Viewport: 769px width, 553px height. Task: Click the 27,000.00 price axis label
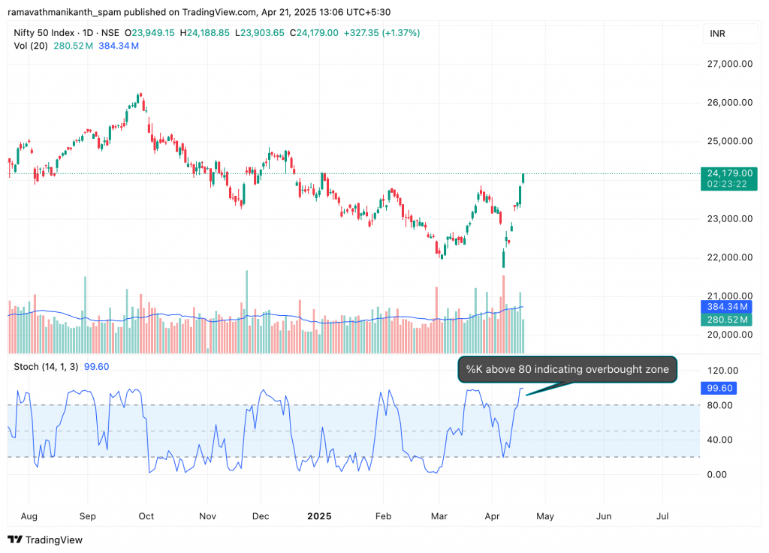pos(729,64)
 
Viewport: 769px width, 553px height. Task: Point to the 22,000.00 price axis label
pos(729,257)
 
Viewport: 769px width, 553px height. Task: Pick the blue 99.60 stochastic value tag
pos(720,388)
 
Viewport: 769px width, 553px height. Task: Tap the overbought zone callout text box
pos(567,369)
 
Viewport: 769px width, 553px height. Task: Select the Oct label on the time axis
pos(146,516)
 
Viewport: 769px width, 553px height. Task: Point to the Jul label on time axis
pos(663,516)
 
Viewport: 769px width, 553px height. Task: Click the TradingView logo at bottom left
pos(46,539)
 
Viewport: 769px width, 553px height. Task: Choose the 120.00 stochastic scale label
pos(723,371)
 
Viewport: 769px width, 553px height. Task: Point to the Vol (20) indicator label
pos(29,46)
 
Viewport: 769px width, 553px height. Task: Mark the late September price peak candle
pos(140,97)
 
